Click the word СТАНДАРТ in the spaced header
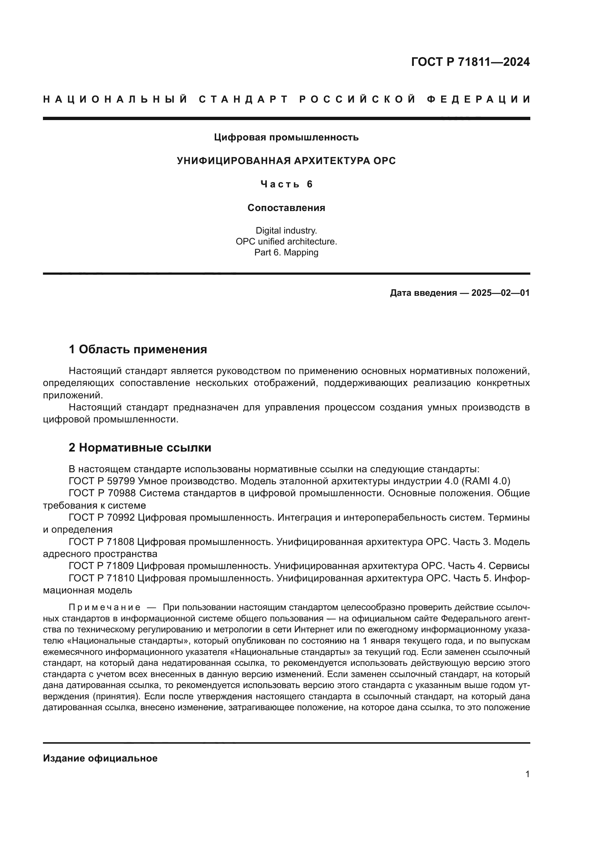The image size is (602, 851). (x=243, y=99)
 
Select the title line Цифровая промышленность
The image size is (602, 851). (x=286, y=138)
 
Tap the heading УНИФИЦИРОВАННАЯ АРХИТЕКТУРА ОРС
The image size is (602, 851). (x=286, y=161)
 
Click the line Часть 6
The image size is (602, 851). (x=286, y=184)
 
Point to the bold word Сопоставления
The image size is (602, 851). (x=286, y=208)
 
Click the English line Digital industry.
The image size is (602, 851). (x=286, y=231)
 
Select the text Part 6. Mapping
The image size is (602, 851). (x=286, y=253)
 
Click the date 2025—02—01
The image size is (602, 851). (x=500, y=293)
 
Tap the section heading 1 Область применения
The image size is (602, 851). (x=138, y=350)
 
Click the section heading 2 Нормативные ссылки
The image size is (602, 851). (x=140, y=448)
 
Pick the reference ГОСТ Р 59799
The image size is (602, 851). (x=102, y=481)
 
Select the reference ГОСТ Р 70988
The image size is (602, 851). (x=102, y=493)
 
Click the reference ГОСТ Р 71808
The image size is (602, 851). (x=102, y=542)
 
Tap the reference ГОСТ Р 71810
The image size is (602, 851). (x=102, y=578)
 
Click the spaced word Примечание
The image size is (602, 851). (x=104, y=608)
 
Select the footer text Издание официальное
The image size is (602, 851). (x=100, y=758)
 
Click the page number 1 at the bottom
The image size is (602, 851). (x=527, y=785)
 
